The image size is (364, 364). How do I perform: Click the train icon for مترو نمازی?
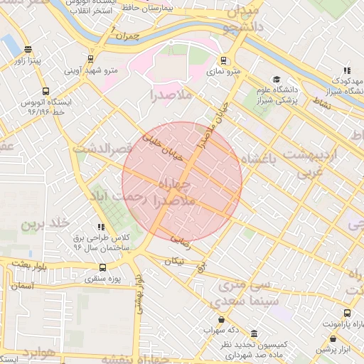click(x=224, y=60)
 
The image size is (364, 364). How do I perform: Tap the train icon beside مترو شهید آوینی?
click(x=90, y=59)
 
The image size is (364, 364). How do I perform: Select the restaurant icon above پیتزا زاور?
click(x=28, y=50)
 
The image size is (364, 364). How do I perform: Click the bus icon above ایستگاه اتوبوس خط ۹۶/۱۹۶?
click(x=45, y=91)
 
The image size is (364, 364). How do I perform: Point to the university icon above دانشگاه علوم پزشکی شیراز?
click(x=276, y=80)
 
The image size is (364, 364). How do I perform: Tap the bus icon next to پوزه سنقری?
click(x=104, y=268)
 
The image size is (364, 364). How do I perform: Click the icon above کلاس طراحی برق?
click(x=101, y=226)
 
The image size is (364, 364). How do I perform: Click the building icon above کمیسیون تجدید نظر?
click(x=255, y=333)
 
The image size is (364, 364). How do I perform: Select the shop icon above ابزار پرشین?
click(x=348, y=340)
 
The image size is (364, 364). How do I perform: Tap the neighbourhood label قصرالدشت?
click(x=102, y=149)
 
